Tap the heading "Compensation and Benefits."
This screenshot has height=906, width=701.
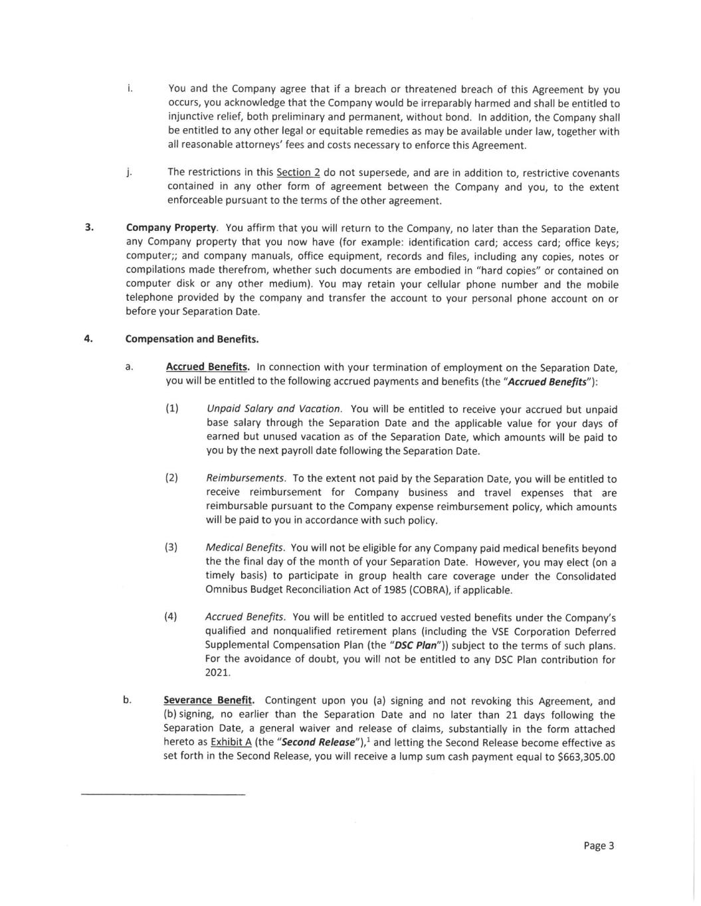click(192, 339)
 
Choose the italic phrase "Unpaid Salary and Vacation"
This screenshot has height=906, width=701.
click(274, 409)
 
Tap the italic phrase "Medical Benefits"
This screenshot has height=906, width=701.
click(245, 548)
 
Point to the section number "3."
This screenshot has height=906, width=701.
click(88, 228)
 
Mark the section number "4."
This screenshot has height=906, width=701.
click(88, 339)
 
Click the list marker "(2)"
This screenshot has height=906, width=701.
click(171, 478)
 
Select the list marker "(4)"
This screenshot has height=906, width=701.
click(171, 617)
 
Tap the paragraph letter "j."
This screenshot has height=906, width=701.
click(129, 173)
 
